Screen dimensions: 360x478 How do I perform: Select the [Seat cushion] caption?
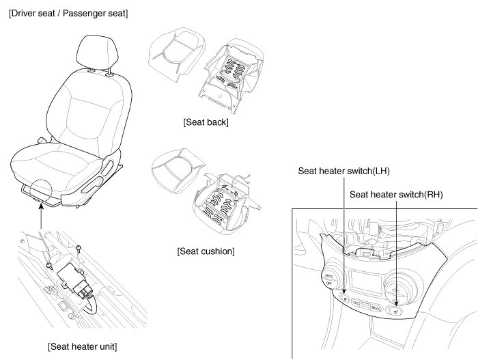206,251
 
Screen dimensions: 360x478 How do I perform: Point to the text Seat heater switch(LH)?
343,171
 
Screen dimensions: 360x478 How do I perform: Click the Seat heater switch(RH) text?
397,195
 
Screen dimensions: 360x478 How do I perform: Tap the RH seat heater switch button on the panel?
396,311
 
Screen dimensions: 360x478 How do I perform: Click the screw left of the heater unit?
49,264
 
